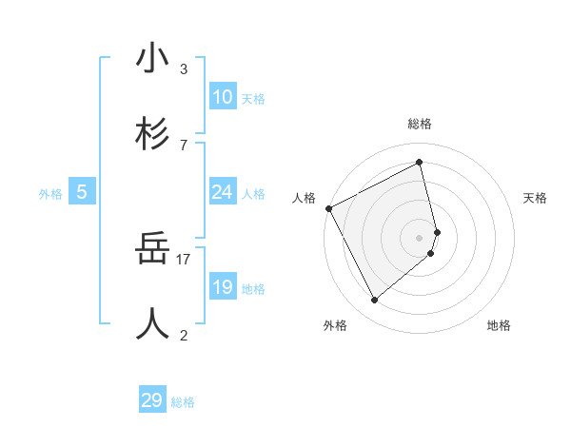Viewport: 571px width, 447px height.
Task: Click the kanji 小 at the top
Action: point(152,59)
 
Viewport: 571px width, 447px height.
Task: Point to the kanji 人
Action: point(152,324)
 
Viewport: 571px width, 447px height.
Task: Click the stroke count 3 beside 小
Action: point(184,68)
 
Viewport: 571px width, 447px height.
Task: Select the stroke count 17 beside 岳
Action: point(184,258)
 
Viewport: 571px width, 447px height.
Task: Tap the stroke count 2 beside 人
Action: point(184,334)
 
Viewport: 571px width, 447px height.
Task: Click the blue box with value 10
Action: point(222,97)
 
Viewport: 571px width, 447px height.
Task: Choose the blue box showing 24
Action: point(222,192)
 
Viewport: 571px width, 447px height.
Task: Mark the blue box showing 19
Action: point(222,287)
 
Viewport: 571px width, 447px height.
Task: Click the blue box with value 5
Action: point(82,192)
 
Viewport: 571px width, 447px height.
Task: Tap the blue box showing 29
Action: point(152,400)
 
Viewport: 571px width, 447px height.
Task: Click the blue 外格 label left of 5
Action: point(50,194)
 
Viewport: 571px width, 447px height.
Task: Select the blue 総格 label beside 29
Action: point(183,403)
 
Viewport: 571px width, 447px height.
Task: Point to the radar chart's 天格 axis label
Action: point(536,198)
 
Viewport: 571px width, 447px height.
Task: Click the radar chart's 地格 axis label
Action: point(499,325)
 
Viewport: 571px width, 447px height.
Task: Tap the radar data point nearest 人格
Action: point(328,208)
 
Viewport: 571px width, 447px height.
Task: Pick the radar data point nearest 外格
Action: point(374,300)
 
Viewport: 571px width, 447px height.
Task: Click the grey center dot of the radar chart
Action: point(420,237)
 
